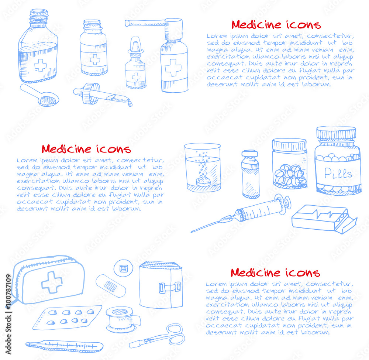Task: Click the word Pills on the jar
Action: point(338,173)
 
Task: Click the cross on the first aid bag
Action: point(52,282)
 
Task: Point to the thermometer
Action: point(65,346)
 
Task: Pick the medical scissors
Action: point(159,336)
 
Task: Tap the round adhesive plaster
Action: point(123,268)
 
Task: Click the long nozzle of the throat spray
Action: point(144,23)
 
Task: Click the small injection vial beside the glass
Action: point(250,174)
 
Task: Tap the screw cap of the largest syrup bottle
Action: point(39,17)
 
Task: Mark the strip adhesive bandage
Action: point(110,284)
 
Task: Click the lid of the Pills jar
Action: point(336,133)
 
